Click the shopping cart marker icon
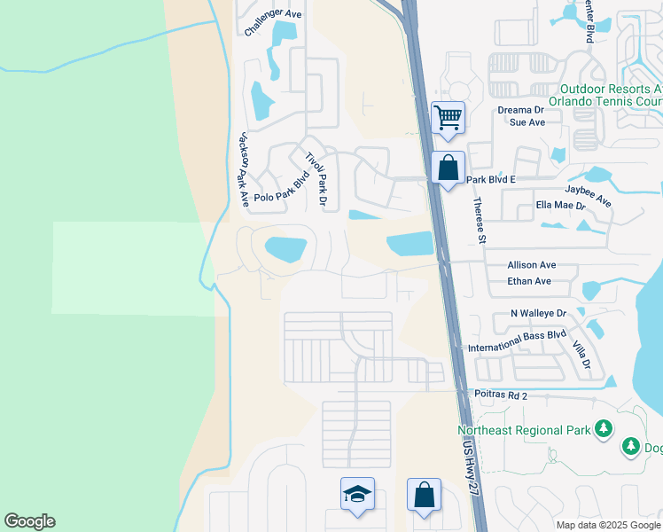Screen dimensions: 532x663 (x=448, y=117)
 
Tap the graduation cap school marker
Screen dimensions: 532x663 (x=357, y=494)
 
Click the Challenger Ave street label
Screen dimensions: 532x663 (x=273, y=13)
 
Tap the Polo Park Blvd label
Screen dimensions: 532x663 (x=281, y=198)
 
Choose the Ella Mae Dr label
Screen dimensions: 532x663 (x=561, y=205)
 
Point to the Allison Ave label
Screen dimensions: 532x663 (x=531, y=265)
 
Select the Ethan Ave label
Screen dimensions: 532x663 (x=529, y=281)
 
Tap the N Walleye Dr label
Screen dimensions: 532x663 (x=538, y=313)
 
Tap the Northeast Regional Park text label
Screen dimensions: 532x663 (x=524, y=431)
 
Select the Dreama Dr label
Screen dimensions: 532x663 (x=519, y=109)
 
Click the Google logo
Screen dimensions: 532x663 (x=29, y=521)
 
